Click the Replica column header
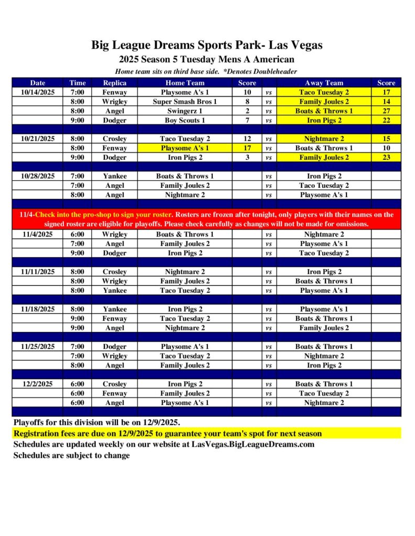pos(114,83)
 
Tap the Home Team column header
pos(185,83)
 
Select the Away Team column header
pos(324,83)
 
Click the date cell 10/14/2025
pos(38,92)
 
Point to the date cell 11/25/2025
pos(38,347)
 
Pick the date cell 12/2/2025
pos(38,384)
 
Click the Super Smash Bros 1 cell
pos(185,102)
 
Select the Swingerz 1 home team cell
pos(185,111)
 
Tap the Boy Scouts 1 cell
pos(185,120)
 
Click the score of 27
pos(386,111)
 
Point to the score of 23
pos(386,158)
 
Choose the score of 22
pos(386,120)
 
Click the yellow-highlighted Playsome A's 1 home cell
pos(185,148)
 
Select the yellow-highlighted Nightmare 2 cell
pos(324,139)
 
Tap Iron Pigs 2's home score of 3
pos(247,158)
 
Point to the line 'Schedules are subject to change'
pos(71,455)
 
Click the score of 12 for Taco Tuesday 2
pos(247,139)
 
